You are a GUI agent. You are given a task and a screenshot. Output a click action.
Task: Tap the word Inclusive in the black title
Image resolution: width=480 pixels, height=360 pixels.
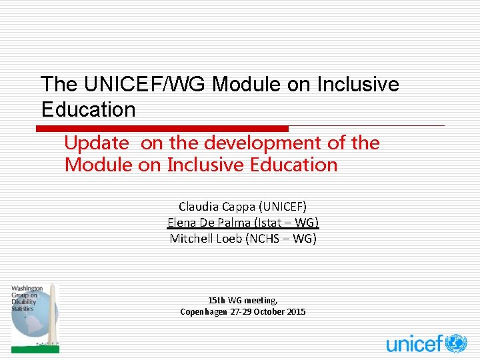pyautogui.click(x=357, y=85)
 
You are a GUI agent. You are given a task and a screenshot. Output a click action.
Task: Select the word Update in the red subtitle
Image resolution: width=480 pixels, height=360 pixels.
pyautogui.click(x=96, y=143)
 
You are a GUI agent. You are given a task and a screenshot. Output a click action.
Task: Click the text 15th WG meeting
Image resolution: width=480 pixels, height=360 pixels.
pyautogui.click(x=243, y=301)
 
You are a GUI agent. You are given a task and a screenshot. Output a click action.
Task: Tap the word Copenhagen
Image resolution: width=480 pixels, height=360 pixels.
pyautogui.click(x=203, y=311)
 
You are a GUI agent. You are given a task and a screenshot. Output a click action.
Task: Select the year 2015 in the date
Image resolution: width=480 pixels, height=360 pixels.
pyautogui.click(x=297, y=311)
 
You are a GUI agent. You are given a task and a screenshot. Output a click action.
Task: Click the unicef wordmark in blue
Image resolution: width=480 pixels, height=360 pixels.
pyautogui.click(x=414, y=344)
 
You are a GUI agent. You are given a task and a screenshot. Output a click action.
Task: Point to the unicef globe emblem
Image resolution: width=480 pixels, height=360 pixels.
pyautogui.click(x=457, y=343)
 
